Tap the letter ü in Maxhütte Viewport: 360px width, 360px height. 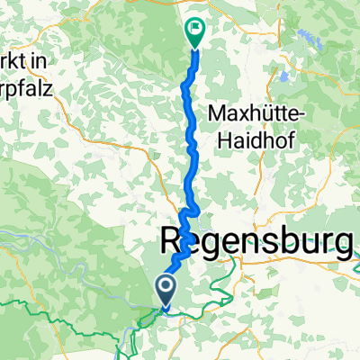click(260, 114)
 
